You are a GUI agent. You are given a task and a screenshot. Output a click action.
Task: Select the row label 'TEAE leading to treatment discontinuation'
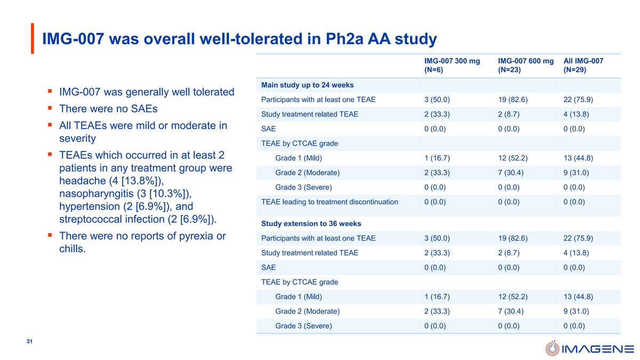click(x=330, y=202)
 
